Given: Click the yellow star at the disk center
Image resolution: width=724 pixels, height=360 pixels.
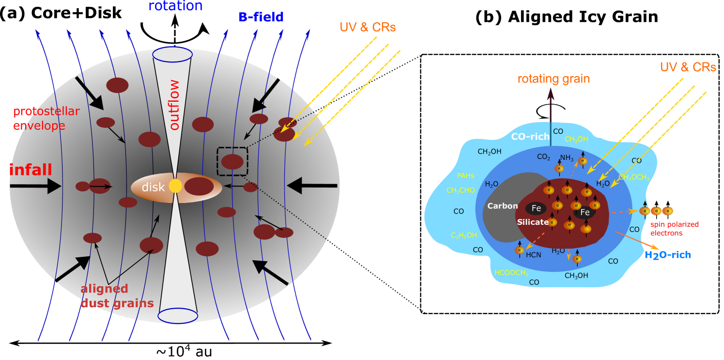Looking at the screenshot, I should tap(175, 186).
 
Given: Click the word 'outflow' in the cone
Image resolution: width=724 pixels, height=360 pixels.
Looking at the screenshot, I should tap(174, 105).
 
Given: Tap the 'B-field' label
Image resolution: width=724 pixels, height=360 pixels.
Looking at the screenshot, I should tap(261, 17).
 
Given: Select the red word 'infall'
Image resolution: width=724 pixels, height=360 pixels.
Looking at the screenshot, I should tap(31, 170).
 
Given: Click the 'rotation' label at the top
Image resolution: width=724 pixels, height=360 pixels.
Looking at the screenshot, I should tap(175, 6).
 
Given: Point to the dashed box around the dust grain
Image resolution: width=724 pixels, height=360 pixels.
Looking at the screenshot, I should tap(232, 161).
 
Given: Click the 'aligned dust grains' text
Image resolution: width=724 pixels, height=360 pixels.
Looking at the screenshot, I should tap(117, 296).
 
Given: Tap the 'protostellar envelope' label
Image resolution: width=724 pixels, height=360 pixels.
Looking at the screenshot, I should tap(46, 119).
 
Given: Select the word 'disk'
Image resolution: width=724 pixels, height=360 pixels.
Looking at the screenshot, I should tap(153, 187).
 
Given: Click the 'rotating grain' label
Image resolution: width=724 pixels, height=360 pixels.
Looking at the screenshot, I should tap(554, 79).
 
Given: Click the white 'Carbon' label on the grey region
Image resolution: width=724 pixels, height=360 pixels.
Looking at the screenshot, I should tap(503, 206).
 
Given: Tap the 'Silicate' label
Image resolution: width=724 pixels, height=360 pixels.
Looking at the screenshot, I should tap(533, 222).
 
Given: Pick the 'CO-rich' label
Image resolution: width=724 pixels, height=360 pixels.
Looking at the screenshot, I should tap(530, 137).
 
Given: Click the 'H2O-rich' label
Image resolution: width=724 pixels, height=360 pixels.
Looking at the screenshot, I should tap(667, 255).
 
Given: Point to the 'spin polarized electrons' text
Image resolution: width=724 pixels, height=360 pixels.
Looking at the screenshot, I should tap(674, 229).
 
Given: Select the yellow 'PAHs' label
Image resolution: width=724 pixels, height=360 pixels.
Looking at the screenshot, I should tap(465, 176).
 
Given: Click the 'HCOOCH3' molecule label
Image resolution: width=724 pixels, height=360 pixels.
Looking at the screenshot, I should tap(511, 273).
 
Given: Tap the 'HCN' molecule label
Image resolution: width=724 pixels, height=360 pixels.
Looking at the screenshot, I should tap(533, 255).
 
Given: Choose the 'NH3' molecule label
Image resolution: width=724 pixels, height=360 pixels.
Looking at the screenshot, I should tap(567, 157).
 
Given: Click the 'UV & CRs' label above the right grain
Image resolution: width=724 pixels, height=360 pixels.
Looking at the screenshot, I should tap(688, 67).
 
